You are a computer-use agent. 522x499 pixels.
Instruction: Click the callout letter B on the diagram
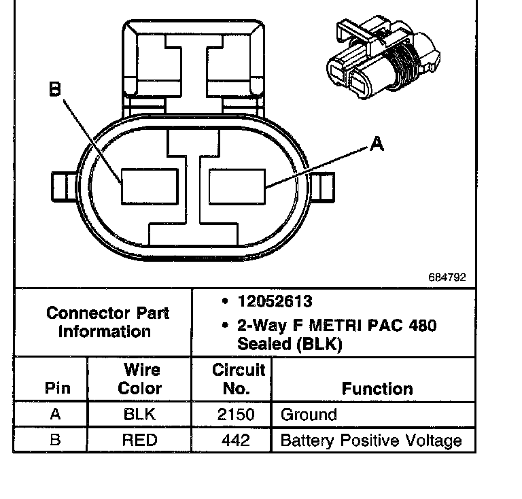click(x=55, y=90)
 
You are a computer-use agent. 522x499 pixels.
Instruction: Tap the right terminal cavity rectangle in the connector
click(x=237, y=186)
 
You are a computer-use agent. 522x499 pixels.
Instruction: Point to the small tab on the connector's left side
click(x=62, y=186)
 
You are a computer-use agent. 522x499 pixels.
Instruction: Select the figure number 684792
click(x=447, y=277)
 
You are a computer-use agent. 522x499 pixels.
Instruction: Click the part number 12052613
click(x=275, y=301)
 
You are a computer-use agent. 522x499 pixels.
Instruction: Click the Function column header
click(x=377, y=389)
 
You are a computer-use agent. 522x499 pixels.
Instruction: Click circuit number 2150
click(x=232, y=415)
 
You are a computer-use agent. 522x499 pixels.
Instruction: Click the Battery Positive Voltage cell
click(x=370, y=440)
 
